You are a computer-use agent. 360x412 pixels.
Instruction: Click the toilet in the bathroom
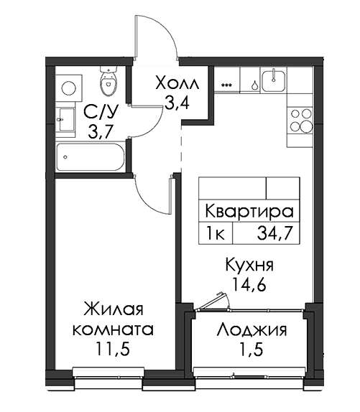pos(108,80)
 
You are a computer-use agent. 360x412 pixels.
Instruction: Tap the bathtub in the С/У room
pos(91,157)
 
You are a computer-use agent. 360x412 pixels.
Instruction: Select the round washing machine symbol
pos(69,88)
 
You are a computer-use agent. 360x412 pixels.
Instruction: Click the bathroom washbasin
pos(65,120)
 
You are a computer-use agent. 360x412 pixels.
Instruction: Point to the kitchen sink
pos(274,79)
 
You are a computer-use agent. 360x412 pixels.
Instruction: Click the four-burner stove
pos(301,121)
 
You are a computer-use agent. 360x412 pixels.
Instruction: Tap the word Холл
pos(177,83)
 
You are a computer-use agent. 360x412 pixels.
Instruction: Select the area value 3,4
pos(177,103)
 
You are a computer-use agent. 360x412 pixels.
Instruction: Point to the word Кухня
pos(249,265)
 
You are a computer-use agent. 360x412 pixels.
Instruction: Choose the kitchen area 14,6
pos(249,284)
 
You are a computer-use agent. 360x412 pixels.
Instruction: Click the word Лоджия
pos(251,330)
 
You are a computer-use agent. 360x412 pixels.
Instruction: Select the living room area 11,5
pos(113,350)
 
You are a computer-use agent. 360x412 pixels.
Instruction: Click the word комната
pos(113,329)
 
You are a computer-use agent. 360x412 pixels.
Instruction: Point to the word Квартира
pos(249,211)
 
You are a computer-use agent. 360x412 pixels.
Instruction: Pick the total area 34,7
pos(274,233)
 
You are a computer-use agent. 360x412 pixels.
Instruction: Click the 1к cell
pos(216,233)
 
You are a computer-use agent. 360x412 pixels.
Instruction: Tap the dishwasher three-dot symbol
pos(226,85)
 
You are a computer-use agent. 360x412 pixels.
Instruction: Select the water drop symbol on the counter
pos(254,85)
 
